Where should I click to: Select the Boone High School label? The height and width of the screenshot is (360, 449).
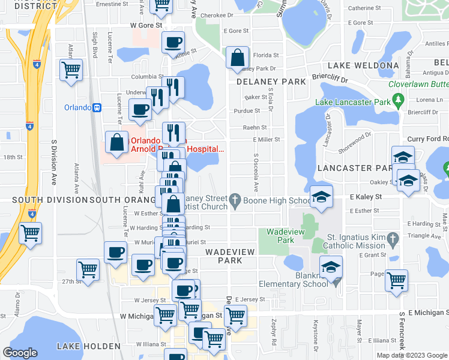(x=277, y=200)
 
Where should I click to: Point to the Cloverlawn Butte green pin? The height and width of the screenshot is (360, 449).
(x=398, y=103)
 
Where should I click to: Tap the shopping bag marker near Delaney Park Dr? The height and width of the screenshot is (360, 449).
(x=238, y=58)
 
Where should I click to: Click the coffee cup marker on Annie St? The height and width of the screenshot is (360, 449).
(x=173, y=43)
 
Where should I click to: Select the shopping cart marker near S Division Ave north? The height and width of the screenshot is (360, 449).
(x=71, y=70)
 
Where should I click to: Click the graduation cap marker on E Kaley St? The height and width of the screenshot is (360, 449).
(x=322, y=197)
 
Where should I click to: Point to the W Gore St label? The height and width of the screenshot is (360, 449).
(x=146, y=26)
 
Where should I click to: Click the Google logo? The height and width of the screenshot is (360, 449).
(x=20, y=353)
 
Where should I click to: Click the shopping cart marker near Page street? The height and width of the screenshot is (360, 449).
(x=396, y=280)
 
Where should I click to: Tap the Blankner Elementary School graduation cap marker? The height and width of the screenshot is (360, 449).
(x=331, y=267)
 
